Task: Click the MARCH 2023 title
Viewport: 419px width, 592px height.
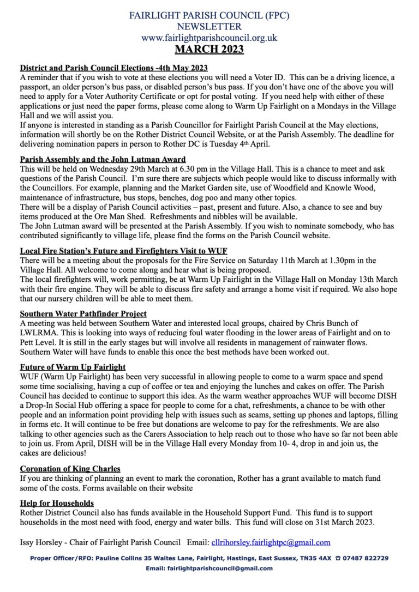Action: pos(209,50)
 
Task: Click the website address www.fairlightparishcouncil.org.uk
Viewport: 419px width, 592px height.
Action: pos(209,38)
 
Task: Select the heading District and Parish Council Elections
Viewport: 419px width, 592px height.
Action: pos(114,68)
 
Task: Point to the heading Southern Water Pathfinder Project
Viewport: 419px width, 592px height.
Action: pos(83,313)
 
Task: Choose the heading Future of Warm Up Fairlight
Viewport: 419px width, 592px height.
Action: pos(73,367)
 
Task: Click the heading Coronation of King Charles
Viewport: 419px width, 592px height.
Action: pos(70,468)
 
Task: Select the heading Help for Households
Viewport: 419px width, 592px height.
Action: pos(57,503)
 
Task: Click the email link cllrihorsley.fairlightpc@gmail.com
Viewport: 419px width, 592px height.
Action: pos(271,542)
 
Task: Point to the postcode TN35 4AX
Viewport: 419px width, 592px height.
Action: pos(312,558)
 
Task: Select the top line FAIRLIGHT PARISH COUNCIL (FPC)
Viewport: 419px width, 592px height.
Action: pos(209,15)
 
